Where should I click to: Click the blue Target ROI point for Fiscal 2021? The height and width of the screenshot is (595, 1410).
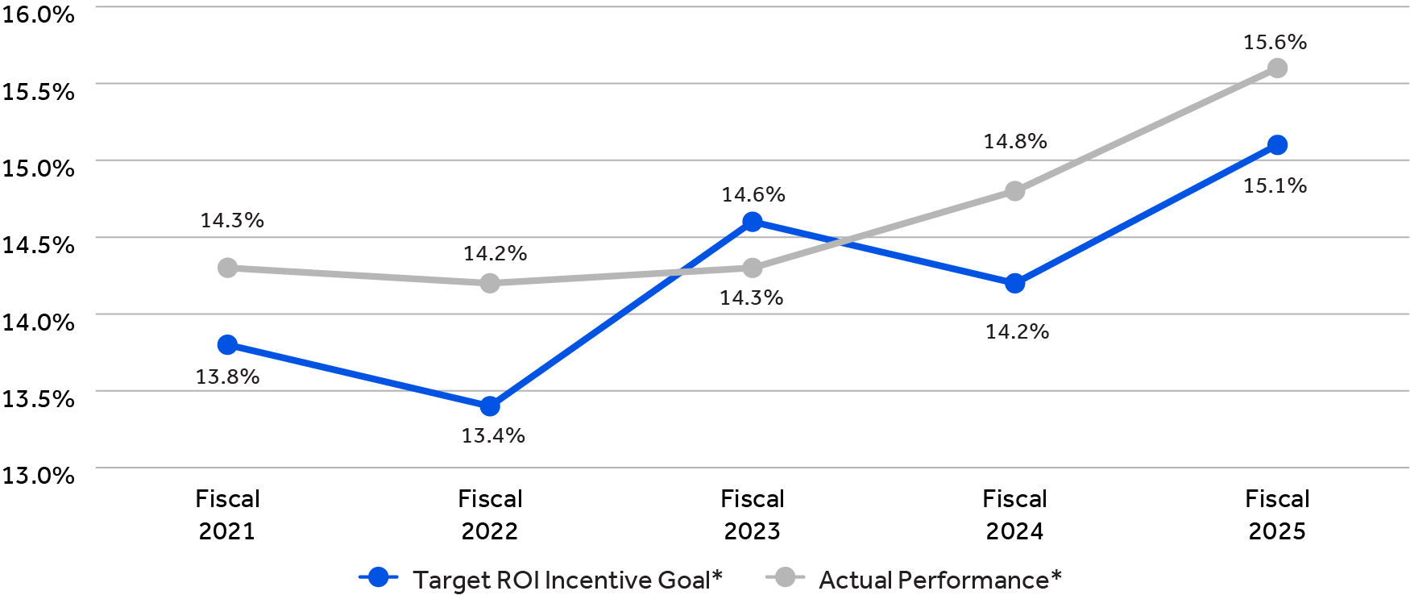pos(228,345)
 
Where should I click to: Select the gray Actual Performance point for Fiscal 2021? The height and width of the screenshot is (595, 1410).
pos(228,268)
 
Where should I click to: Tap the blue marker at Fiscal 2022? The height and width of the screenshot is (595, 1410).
pos(490,406)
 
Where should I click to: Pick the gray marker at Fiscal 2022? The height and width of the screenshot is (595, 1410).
pos(490,283)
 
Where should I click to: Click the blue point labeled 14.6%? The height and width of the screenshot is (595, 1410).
pos(753,222)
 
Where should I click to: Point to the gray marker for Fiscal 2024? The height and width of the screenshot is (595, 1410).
pos(1015,191)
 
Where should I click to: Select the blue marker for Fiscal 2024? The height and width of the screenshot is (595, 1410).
pos(1015,283)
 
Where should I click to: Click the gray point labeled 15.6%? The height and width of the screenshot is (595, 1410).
pos(1277,69)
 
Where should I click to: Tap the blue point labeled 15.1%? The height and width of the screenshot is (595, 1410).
pos(1277,145)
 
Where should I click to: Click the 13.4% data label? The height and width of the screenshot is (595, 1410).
pos(493,436)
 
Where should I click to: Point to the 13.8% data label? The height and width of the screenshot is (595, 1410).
pos(228,377)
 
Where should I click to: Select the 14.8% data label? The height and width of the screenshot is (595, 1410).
pos(1015,142)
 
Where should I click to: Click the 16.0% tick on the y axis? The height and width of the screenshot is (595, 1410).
pos(38,15)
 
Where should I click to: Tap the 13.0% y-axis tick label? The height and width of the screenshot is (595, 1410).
pos(38,475)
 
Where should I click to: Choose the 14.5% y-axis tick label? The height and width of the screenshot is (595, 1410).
pos(38,245)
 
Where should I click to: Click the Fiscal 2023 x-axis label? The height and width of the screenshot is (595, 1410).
pos(753,514)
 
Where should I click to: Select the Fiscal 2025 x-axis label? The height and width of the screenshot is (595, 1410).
pos(1277,514)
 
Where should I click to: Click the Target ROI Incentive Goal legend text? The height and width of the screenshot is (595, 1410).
pos(567,580)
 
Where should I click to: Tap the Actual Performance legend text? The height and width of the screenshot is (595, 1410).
pos(939,580)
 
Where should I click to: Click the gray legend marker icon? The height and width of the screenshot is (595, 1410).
pos(785,577)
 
